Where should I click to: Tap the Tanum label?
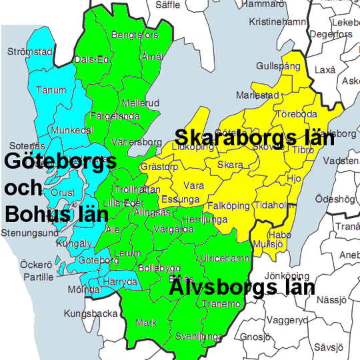coord(51,90)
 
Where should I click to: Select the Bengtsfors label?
coord(135,34)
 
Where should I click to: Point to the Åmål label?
coord(151,57)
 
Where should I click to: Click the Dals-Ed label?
coord(92,59)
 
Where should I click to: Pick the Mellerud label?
coord(140,103)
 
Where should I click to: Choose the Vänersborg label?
coord(137,142)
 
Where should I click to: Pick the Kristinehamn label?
coord(277,22)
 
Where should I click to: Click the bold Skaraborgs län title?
coord(254,138)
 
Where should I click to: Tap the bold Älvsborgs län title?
coord(241,288)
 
